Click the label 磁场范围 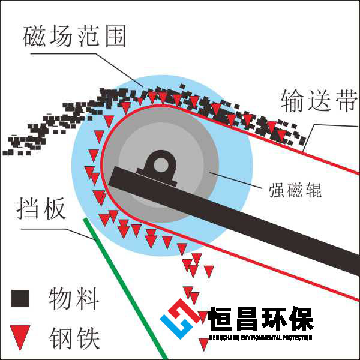click(75, 37)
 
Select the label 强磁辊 click(293, 191)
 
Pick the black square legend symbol click(21, 298)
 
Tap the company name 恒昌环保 click(261, 321)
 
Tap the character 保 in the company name click(300, 321)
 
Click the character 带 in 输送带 click(346, 101)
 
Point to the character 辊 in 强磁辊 click(313, 191)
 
